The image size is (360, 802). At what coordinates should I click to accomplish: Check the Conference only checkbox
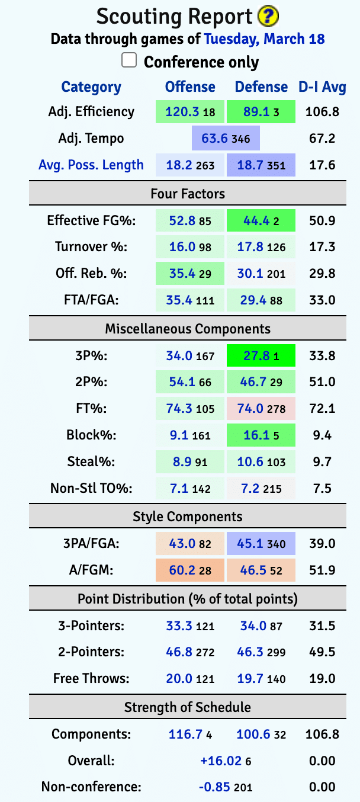point(129,60)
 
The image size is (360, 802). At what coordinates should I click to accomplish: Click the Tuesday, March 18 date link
point(264,39)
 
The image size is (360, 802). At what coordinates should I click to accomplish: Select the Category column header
point(91,87)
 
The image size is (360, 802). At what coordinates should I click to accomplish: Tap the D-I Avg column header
point(322,87)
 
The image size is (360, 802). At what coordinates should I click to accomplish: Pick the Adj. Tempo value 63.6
point(226,139)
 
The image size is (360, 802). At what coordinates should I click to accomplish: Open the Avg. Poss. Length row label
point(91,165)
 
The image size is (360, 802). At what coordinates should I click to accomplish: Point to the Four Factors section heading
point(188,194)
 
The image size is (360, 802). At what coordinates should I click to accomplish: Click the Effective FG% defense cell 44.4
point(261,221)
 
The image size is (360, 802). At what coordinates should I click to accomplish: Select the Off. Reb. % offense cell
point(190,274)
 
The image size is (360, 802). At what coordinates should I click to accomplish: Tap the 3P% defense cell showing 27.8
point(261,356)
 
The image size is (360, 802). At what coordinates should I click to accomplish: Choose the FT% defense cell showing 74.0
point(261,409)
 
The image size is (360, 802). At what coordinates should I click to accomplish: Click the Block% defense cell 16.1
point(261,435)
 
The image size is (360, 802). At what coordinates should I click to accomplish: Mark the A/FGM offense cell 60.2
point(190,570)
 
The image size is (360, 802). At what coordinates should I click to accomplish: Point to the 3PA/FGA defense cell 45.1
point(261,544)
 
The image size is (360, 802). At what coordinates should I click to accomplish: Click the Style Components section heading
point(188,517)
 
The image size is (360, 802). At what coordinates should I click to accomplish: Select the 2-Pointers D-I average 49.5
point(322,652)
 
